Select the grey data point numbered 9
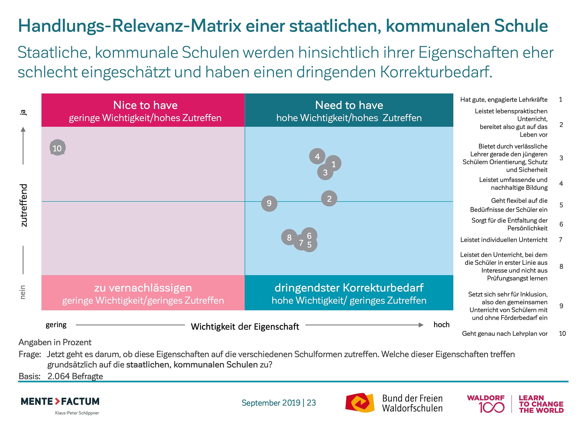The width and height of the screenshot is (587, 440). tap(269, 203)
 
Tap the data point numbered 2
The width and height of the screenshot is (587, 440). tap(329, 198)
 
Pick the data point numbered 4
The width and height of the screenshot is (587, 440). tap(317, 156)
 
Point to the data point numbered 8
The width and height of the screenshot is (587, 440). tap(289, 237)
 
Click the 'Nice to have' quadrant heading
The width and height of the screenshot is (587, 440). tap(145, 105)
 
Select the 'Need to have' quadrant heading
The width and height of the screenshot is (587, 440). tap(349, 105)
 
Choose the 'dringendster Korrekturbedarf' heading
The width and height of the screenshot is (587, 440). tap(349, 288)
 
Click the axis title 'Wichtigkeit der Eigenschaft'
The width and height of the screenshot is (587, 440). tap(245, 327)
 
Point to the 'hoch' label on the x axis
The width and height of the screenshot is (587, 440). tap(441, 325)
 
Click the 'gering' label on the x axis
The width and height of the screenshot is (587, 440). tap(56, 325)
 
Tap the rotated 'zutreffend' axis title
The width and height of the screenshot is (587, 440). tap(24, 205)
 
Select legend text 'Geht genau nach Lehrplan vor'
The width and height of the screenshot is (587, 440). tap(504, 333)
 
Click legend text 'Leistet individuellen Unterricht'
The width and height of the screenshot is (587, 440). tap(504, 240)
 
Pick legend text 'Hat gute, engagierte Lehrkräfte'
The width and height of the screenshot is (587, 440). tap(504, 99)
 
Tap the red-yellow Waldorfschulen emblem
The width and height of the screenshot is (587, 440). tap(360, 403)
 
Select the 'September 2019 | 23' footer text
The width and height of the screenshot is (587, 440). tap(279, 403)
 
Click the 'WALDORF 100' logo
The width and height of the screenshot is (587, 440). tap(486, 404)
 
